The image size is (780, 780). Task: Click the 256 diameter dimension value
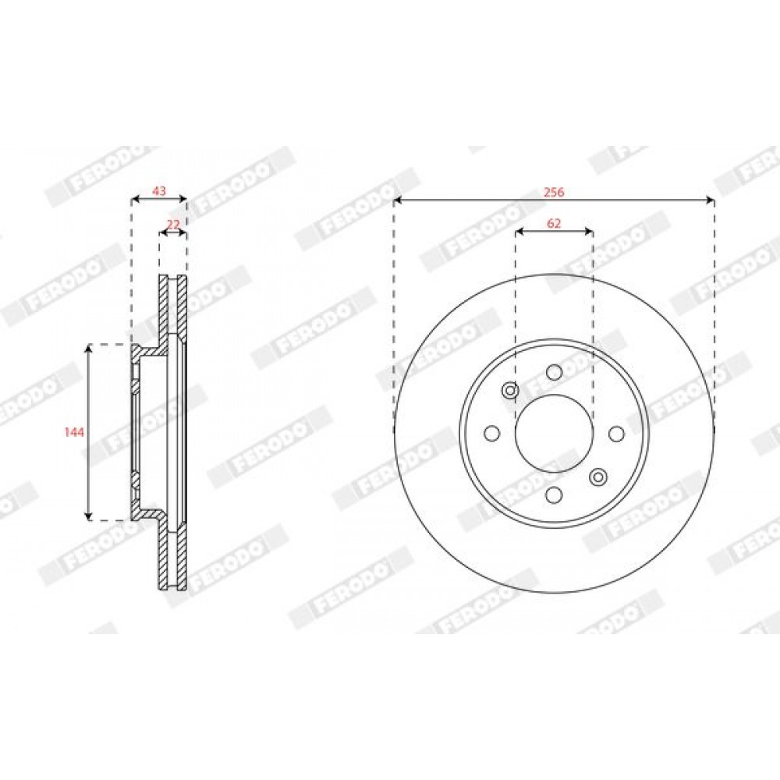pos(554,192)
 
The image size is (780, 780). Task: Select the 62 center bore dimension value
pos(554,223)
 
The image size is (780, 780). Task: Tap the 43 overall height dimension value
pos(158,190)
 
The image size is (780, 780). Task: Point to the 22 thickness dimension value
pos(173,225)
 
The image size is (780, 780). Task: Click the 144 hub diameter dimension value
pos(74,432)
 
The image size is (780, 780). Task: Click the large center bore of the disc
pos(554,433)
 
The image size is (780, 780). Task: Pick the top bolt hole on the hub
pos(554,371)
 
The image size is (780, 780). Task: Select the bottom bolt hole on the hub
pos(554,495)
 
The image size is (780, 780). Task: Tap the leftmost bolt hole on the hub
pos(492,433)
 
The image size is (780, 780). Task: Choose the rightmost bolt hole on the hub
pos(616,434)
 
